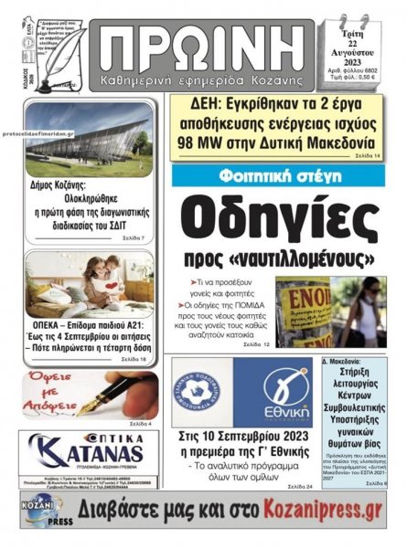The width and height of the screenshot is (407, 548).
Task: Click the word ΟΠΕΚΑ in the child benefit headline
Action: click(x=51, y=326)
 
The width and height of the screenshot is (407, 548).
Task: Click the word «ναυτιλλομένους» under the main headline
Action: click(x=298, y=257)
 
